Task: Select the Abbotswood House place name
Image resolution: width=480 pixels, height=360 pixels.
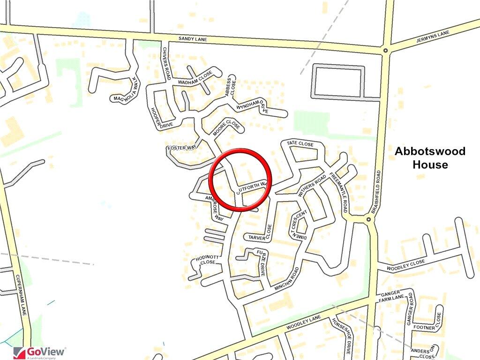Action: pyautogui.click(x=430, y=158)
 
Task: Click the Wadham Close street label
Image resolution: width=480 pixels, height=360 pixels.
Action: pyautogui.click(x=195, y=78)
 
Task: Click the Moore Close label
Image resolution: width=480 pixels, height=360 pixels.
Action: pyautogui.click(x=226, y=127)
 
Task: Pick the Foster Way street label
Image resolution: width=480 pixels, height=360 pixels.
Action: pyautogui.click(x=182, y=148)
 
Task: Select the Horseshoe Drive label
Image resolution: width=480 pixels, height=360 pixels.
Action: pyautogui.click(x=341, y=335)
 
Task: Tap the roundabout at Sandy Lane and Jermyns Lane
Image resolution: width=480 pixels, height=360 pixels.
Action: pyautogui.click(x=385, y=50)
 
